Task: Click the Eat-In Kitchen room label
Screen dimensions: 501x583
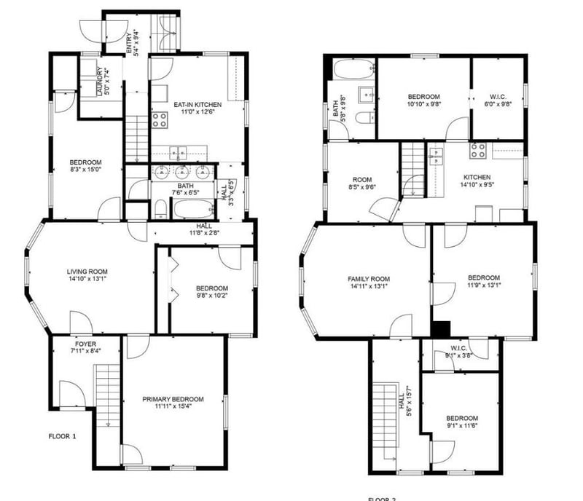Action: pyautogui.click(x=197, y=105)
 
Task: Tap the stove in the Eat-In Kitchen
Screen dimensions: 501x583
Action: pyautogui.click(x=160, y=119)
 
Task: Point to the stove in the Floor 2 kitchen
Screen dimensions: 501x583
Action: pyautogui.click(x=478, y=151)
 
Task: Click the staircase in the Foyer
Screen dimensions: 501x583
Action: pyautogui.click(x=107, y=394)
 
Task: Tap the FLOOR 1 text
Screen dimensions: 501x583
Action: pyautogui.click(x=62, y=436)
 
